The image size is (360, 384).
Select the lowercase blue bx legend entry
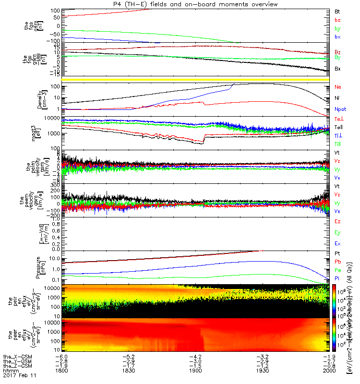(337, 37)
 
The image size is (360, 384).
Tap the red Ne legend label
(338, 87)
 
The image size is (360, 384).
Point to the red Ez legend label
(337, 222)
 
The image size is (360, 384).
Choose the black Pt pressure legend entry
(337, 253)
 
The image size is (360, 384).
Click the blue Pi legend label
(337, 279)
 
